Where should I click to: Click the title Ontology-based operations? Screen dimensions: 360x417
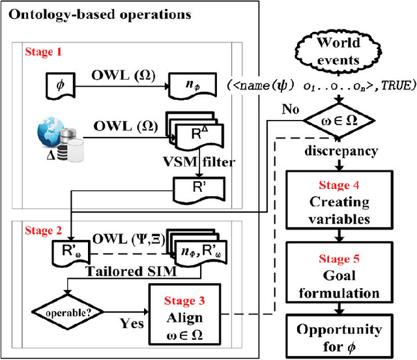click(x=100, y=14)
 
